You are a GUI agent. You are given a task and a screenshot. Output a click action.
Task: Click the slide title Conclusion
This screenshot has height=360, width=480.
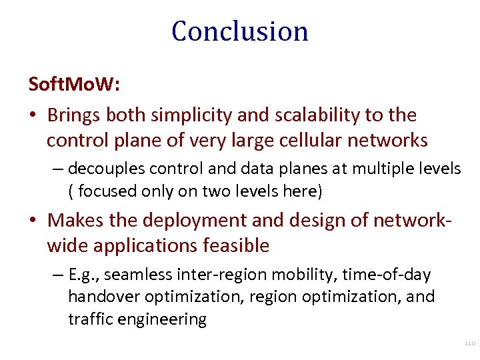[240, 31]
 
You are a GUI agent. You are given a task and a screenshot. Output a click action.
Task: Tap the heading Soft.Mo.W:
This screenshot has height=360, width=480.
[74, 85]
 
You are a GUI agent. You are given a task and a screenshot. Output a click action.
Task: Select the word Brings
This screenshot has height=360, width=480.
[74, 115]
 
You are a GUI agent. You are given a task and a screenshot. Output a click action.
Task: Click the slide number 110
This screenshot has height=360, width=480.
[469, 343]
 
